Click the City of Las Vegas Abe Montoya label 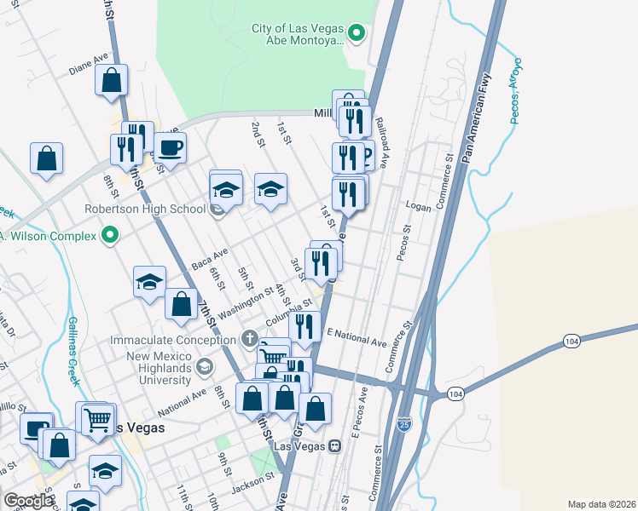pos(298,34)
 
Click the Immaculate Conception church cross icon pos(248,339)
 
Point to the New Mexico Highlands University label pos(150,360)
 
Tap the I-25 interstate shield pos(404,423)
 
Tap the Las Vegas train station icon pos(335,445)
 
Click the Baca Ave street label pos(210,259)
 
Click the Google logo pos(27,501)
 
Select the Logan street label pos(418,207)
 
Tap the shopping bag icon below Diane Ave pos(112,81)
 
